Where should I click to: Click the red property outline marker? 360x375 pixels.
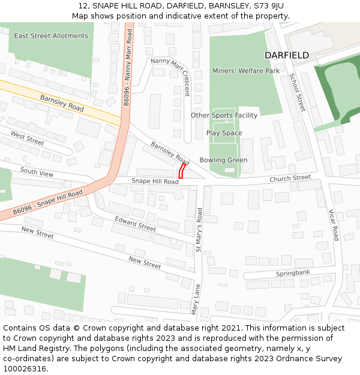[x=181, y=170]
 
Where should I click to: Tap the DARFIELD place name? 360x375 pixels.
[x=287, y=55]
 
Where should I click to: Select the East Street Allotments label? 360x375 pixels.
[x=51, y=36]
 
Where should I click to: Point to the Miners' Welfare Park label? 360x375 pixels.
[x=246, y=71]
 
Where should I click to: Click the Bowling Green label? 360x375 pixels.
[x=223, y=160]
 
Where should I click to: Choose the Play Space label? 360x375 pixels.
[x=224, y=133]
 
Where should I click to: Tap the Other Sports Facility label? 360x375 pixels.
[x=224, y=115]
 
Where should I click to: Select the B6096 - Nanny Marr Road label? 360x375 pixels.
[x=127, y=67]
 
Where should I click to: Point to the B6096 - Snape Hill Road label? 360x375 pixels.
[x=48, y=203]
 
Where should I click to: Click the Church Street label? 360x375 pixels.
[x=290, y=178]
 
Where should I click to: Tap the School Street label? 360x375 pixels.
[x=298, y=92]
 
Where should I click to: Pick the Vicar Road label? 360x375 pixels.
[x=334, y=224]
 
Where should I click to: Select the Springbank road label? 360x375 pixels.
[x=293, y=273]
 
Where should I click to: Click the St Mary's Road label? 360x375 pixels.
[x=199, y=229]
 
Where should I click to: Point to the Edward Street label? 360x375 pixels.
[x=135, y=224]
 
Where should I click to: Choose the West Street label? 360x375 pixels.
[x=28, y=139]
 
